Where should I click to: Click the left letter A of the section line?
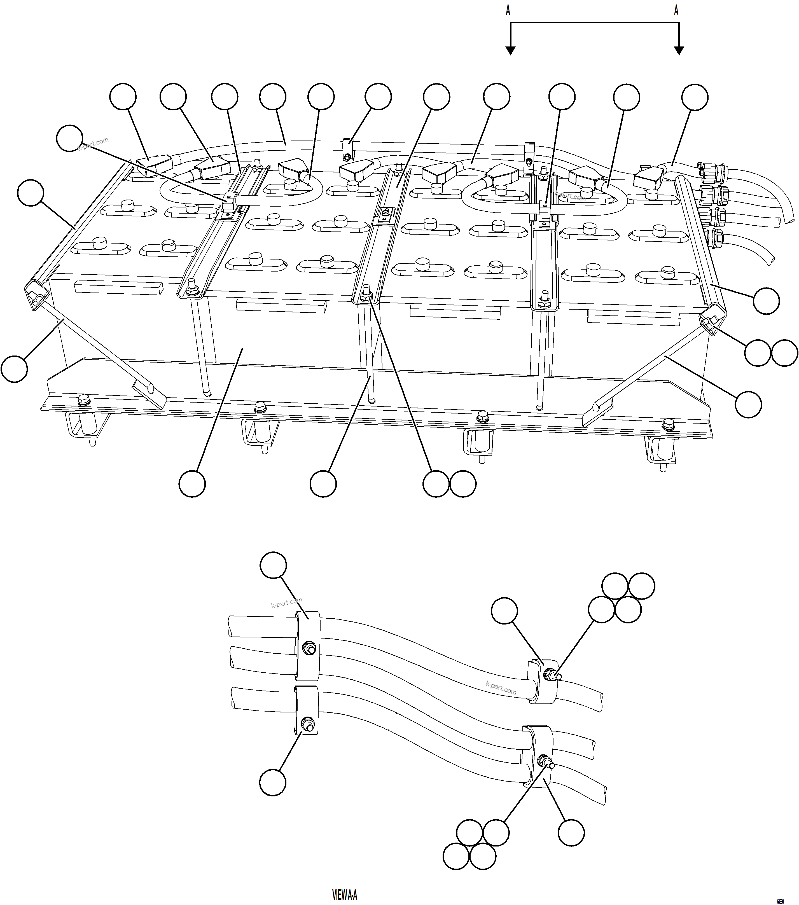coord(508,11)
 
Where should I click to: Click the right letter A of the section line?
coord(676,11)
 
